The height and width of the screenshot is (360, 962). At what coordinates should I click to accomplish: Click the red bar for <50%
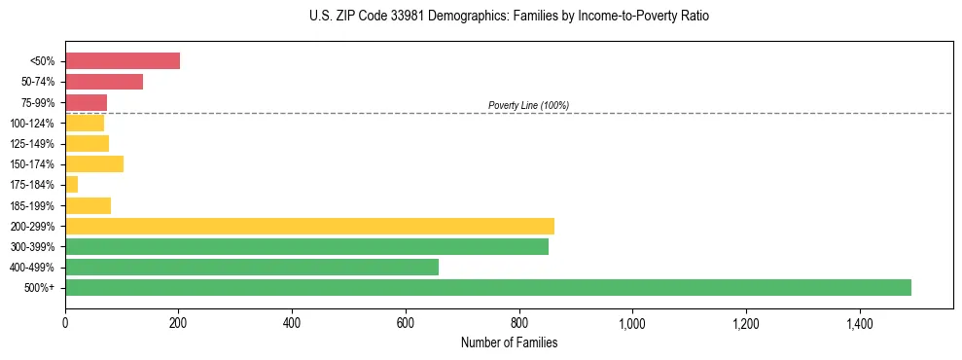coord(123,61)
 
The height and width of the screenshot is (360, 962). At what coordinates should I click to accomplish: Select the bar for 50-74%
coord(104,82)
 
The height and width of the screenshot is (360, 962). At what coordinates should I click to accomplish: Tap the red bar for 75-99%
coord(86,102)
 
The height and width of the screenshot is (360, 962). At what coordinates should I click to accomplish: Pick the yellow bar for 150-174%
coord(94,163)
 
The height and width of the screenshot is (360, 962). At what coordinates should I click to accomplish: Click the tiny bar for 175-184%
coord(71,185)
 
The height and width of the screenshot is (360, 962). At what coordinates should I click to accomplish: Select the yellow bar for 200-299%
coord(309,226)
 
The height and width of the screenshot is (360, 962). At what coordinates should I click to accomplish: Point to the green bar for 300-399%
coord(306,246)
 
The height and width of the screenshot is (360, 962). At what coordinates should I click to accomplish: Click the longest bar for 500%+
coord(488,287)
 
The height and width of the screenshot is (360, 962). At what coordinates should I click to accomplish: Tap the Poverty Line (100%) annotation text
coord(528,105)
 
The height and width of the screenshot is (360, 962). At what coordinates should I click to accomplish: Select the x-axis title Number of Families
coord(509,342)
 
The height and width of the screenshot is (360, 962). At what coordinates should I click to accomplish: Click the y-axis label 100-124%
coord(32,124)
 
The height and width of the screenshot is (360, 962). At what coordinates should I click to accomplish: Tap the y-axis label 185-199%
coord(32,205)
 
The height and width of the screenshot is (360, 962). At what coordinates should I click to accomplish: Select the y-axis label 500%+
coord(40,288)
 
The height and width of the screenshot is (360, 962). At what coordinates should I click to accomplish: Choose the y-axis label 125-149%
coord(32,144)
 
